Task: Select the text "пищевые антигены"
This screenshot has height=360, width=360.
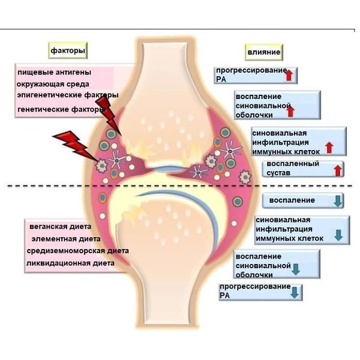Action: pyautogui.click(x=55, y=73)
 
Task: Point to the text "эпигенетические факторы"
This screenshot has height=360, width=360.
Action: pyautogui.click(x=68, y=95)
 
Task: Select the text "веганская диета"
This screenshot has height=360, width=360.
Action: pyautogui.click(x=60, y=227)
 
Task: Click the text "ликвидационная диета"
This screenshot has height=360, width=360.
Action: pyautogui.click(x=70, y=263)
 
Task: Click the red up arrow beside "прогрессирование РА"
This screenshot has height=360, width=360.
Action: pyautogui.click(x=289, y=75)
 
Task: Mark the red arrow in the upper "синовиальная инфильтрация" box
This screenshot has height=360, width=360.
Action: pyautogui.click(x=328, y=146)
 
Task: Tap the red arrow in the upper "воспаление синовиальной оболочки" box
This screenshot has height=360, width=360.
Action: pyautogui.click(x=291, y=110)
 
